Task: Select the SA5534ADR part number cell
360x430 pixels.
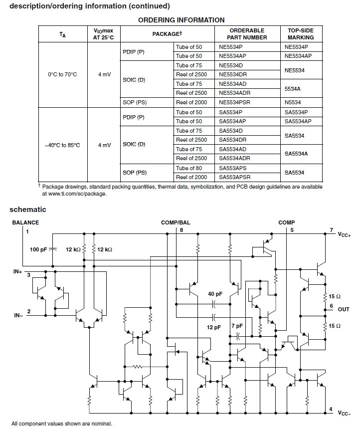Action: tap(234, 158)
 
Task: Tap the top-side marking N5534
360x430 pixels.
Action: tap(293, 102)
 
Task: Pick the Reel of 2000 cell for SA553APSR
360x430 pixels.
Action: tap(191, 177)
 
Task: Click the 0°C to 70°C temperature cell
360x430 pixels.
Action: tap(62, 74)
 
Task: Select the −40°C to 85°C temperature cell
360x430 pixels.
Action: tap(62, 145)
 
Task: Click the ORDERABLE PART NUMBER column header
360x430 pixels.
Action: tap(247, 34)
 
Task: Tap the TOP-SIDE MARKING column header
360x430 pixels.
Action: tap(301, 34)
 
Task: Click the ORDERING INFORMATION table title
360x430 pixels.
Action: tap(181, 20)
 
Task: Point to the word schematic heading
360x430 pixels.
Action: tap(28, 210)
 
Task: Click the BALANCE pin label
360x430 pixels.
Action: tap(25, 222)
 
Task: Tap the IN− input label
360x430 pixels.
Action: tap(18, 315)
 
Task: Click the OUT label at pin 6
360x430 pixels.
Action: tap(344, 309)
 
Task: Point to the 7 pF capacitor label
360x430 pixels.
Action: tap(237, 326)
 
